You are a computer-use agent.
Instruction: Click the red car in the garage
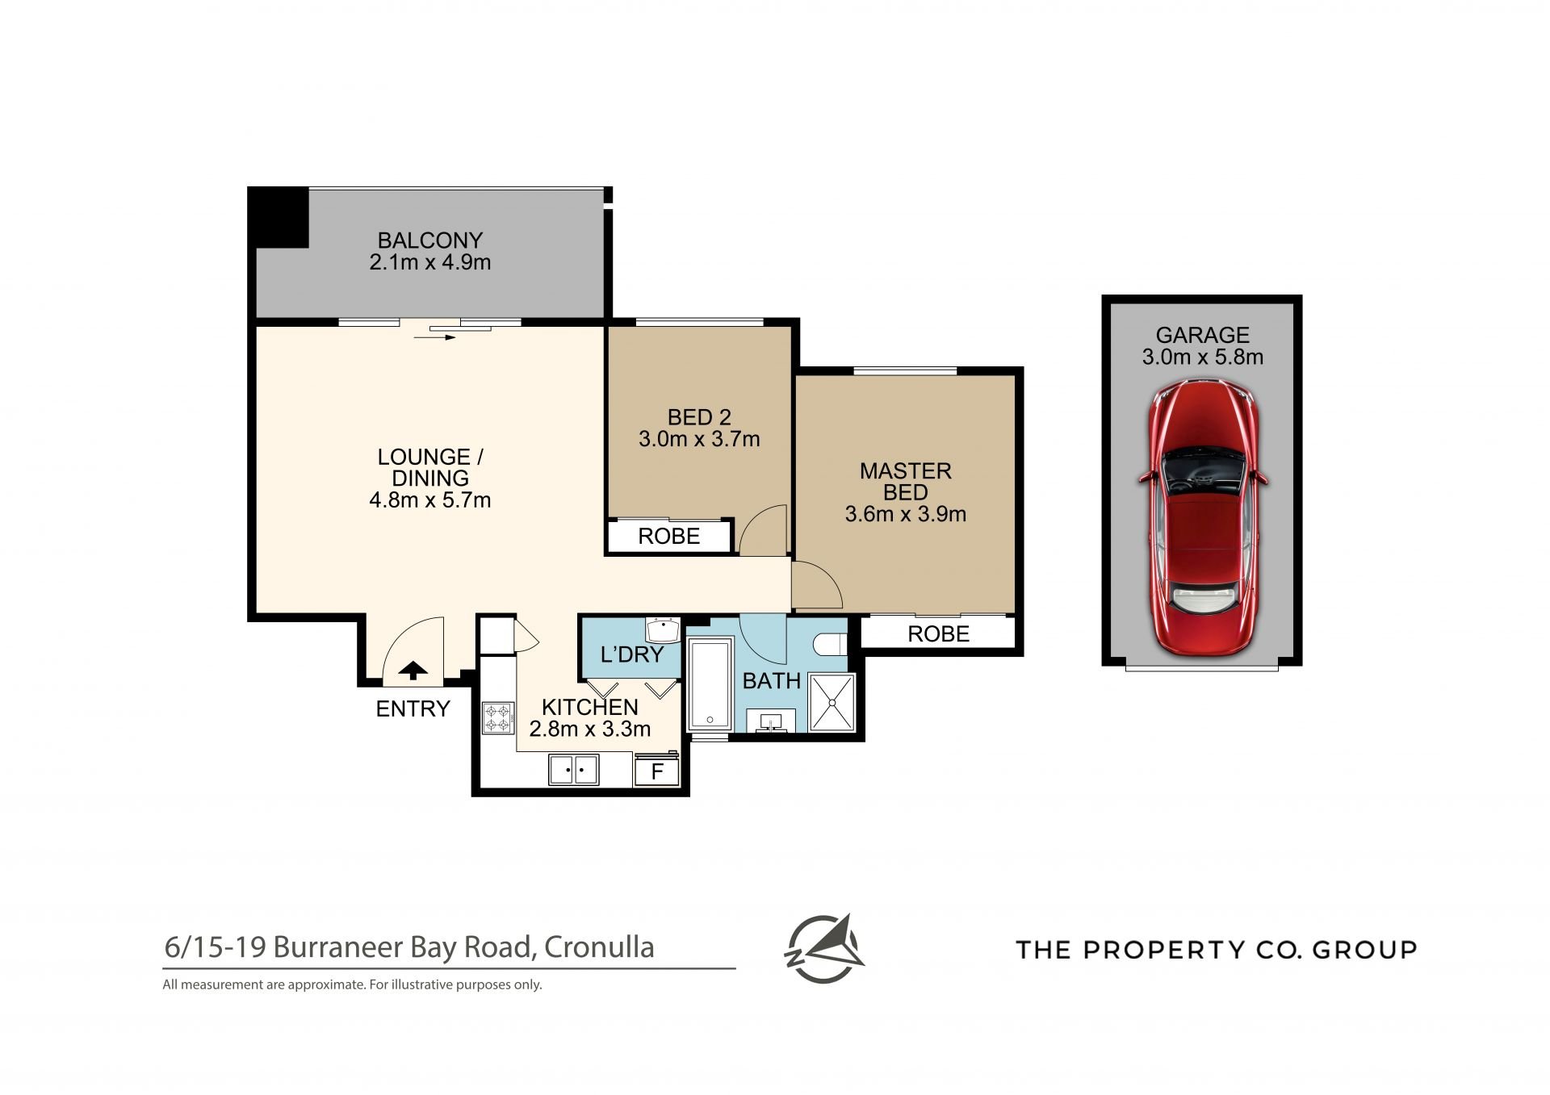(1203, 517)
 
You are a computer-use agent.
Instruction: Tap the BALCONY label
(430, 240)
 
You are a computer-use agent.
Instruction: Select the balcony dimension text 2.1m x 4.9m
(430, 262)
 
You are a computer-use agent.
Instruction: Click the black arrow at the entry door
(413, 670)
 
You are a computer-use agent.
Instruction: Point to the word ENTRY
(413, 708)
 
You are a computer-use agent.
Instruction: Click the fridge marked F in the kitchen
(657, 771)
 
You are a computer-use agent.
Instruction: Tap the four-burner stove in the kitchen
(498, 718)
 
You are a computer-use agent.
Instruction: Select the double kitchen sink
(574, 770)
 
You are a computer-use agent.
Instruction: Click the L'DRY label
(632, 654)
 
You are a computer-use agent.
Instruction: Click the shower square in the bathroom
(832, 703)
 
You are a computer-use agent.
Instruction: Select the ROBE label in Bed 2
(669, 537)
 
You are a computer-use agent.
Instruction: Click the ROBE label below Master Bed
(938, 634)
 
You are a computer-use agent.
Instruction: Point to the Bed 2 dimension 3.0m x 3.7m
(699, 439)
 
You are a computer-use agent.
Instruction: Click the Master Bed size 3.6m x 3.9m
(906, 514)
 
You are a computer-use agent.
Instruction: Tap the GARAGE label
(1203, 335)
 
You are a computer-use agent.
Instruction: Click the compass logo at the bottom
(823, 948)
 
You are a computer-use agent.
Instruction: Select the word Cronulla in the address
(599, 947)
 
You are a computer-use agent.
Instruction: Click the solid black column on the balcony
(279, 217)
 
